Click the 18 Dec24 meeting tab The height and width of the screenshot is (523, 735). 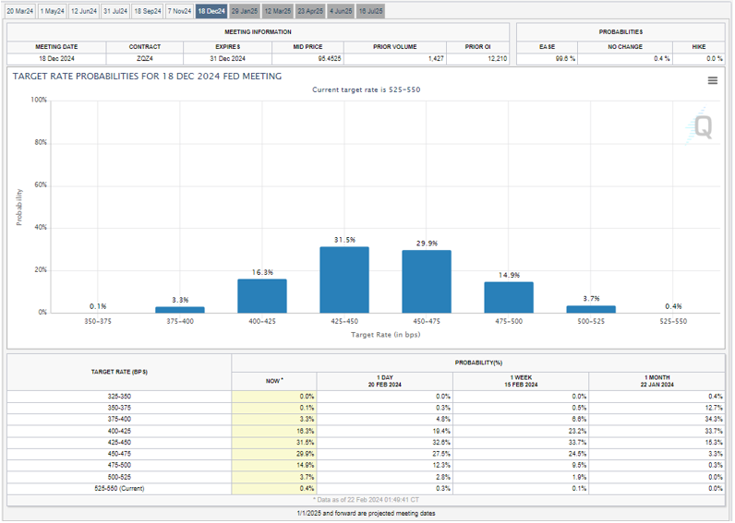211,11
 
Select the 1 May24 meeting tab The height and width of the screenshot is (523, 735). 53,11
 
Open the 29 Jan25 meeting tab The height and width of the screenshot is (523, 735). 245,11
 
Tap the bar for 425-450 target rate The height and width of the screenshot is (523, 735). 344,279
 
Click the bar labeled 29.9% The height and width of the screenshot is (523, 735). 427,281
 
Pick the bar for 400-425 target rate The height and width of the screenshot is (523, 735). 262,295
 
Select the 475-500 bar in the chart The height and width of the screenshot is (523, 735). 509,297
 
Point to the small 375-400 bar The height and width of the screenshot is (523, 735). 180,310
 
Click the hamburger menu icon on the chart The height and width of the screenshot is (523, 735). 713,81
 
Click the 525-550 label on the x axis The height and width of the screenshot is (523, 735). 673,322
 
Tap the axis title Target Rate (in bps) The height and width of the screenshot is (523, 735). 385,335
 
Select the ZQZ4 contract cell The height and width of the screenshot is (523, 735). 145,58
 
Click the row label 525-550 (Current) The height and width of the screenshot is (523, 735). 119,488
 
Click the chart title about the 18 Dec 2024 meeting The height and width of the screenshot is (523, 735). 148,77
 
